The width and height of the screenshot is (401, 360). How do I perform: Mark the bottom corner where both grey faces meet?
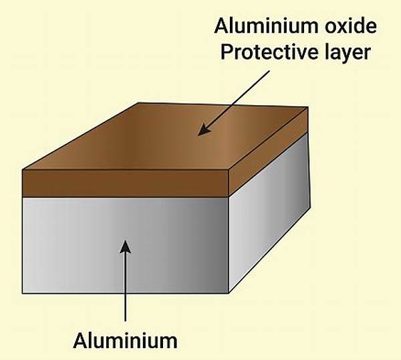pos(229,293)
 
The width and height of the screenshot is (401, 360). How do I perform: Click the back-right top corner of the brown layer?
pos(307,106)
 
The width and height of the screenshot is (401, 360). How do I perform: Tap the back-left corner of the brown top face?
pos(138,102)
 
